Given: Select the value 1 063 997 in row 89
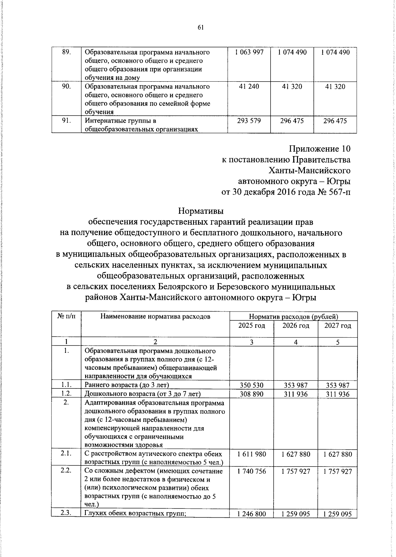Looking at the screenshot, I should coord(249,52).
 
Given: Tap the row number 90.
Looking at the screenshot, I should coord(67,87).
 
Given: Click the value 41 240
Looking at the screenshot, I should coord(249,87).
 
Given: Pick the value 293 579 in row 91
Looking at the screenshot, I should coord(249,121).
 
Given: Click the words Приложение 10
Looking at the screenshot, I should coord(319,149).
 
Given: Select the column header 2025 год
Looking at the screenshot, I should coord(251,326).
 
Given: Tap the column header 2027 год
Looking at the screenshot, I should coord(338,326).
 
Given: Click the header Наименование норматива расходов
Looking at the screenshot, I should coord(155,316).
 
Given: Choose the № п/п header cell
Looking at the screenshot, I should coord(66,316).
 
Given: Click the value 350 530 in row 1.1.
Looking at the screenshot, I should coord(251,385).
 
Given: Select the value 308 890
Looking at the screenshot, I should coord(251,394).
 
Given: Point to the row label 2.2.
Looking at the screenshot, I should coord(66,471).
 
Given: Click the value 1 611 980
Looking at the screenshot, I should coord(251,454).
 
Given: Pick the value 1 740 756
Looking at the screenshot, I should coord(251,471).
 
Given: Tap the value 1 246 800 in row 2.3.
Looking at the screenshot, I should coord(251,514).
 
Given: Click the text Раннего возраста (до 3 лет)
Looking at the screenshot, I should coord(127,385).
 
